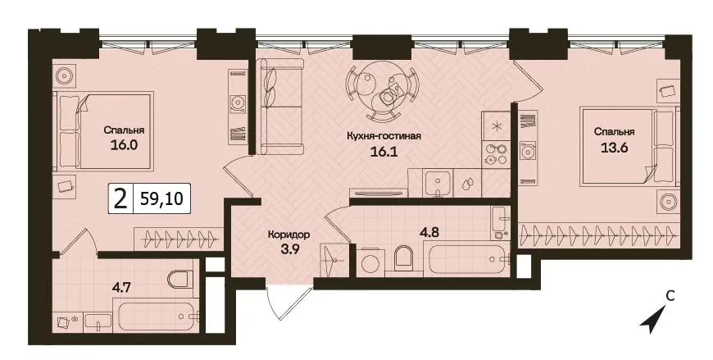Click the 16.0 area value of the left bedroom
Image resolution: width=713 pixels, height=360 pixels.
124,145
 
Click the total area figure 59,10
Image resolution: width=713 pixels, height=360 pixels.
161,199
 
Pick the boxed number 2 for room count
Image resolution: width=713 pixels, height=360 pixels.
120,199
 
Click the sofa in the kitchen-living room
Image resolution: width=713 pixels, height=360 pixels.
281,106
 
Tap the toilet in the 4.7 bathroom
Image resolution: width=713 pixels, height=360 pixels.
180,279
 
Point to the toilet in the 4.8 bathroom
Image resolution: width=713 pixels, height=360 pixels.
403,258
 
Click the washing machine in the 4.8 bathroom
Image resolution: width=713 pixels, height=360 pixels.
370,262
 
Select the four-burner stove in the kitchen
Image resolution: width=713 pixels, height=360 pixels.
496,154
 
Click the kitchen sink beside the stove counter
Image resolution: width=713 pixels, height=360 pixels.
438,183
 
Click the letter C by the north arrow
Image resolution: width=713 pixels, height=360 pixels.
670,296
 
